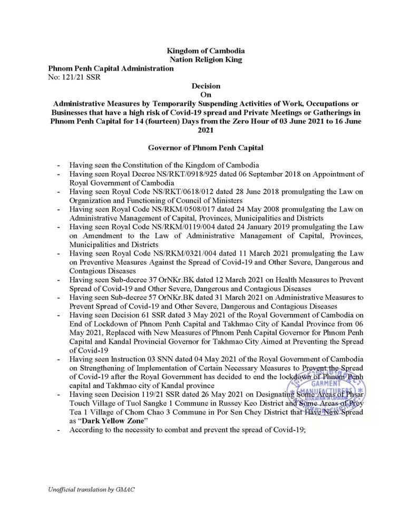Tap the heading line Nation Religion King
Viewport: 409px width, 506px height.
[206, 60]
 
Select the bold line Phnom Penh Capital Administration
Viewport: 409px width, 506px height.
[111, 69]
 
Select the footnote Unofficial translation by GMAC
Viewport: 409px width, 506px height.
[91, 490]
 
